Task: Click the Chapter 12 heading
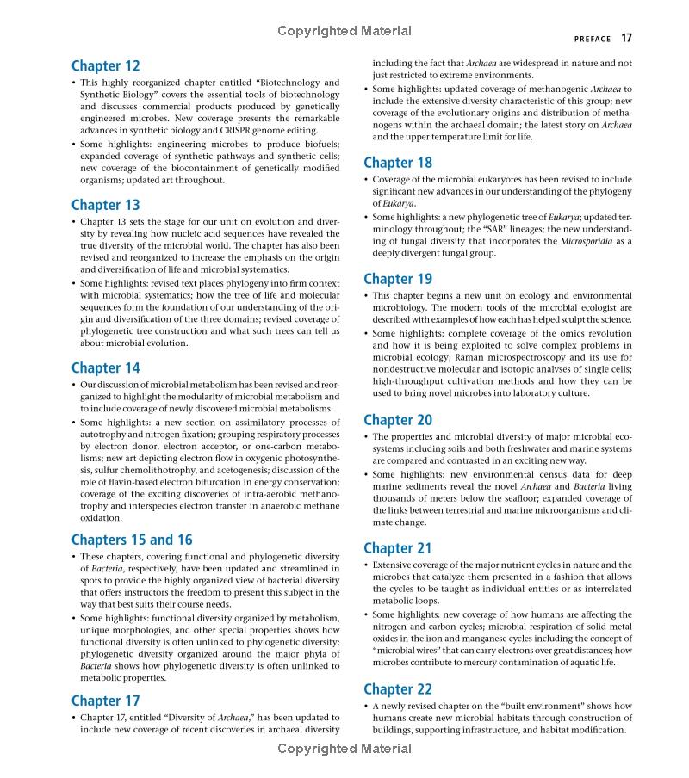[x=105, y=66]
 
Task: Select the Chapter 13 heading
[x=105, y=205]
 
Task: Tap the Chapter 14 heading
[x=105, y=368]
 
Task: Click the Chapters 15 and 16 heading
[x=132, y=540]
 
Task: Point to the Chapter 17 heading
[x=105, y=701]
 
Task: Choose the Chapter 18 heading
[x=398, y=163]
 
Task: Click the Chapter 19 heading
[x=398, y=279]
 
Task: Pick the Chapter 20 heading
[x=398, y=420]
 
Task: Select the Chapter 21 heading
[x=398, y=548]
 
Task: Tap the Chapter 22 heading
[x=398, y=689]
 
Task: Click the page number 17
[x=626, y=38]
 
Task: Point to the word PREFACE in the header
[x=593, y=39]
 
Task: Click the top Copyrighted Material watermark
[x=344, y=32]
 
